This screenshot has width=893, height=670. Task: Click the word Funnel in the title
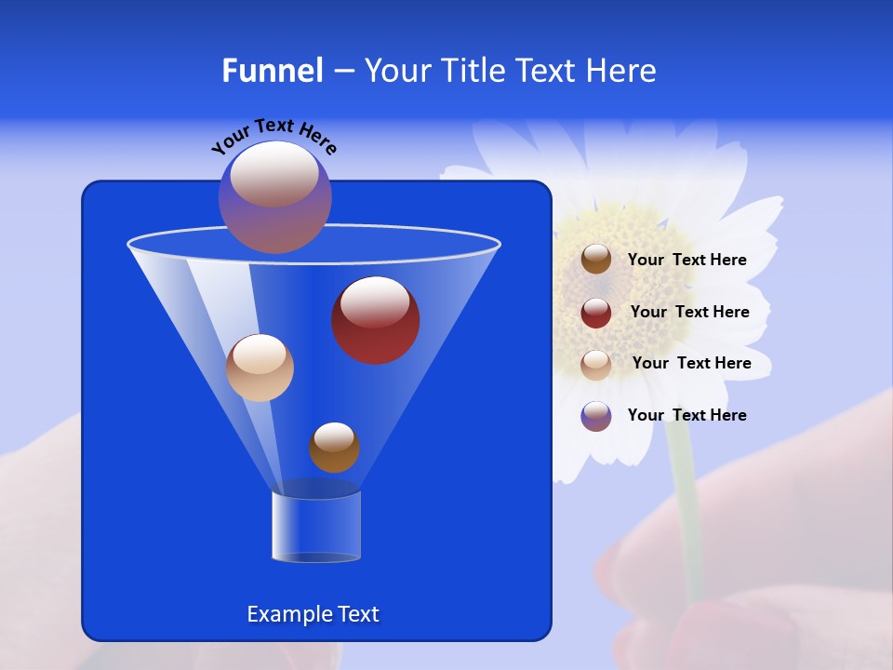pos(272,71)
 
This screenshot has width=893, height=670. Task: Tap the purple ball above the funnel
pos(275,197)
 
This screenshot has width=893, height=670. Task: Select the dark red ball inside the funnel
pos(376,320)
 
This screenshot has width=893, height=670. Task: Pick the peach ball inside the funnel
pos(260,368)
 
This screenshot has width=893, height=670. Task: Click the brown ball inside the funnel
pos(334,448)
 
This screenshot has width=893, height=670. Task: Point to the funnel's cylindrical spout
pos(316,527)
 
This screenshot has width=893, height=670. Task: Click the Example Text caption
pos(313,614)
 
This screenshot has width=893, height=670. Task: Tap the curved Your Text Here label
pos(274,135)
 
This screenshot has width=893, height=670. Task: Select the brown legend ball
pos(596,260)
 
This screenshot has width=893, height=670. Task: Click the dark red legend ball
pos(596,313)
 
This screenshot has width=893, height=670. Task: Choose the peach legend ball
pos(596,364)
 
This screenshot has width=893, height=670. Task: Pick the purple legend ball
pos(596,416)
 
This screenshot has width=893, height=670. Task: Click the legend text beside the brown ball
pos(687,261)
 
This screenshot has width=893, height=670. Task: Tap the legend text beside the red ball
pos(689,312)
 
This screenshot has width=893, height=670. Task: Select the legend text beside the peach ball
pos(691,363)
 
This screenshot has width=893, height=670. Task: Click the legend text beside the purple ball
pos(687,415)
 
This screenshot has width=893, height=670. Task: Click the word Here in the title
pos(621,71)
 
